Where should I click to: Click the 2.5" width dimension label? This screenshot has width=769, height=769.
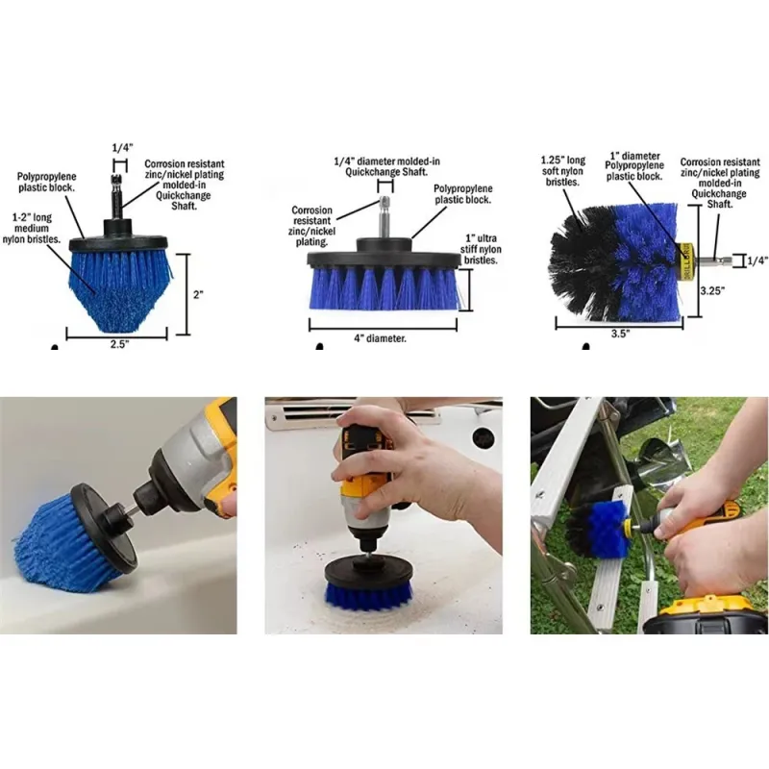pyautogui.click(x=118, y=344)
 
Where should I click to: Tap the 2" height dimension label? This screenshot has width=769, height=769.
pyautogui.click(x=198, y=295)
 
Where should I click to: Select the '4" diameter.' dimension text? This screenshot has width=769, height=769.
pyautogui.click(x=380, y=338)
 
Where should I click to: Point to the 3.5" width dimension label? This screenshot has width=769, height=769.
pyautogui.click(x=620, y=334)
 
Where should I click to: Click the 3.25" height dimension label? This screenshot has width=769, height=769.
pyautogui.click(x=712, y=290)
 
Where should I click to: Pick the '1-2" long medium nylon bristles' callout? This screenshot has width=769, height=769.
pyautogui.click(x=32, y=228)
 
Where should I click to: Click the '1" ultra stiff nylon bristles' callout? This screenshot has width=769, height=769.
pyautogui.click(x=481, y=249)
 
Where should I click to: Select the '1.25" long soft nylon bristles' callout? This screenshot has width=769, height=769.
pyautogui.click(x=562, y=171)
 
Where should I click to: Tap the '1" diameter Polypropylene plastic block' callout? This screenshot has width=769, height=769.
pyautogui.click(x=634, y=165)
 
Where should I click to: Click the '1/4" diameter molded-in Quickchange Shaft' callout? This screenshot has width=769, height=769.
pyautogui.click(x=387, y=166)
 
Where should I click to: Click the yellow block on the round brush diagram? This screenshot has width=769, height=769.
pyautogui.click(x=685, y=261)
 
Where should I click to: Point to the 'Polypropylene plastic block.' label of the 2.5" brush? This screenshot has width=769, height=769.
pyautogui.click(x=46, y=182)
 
